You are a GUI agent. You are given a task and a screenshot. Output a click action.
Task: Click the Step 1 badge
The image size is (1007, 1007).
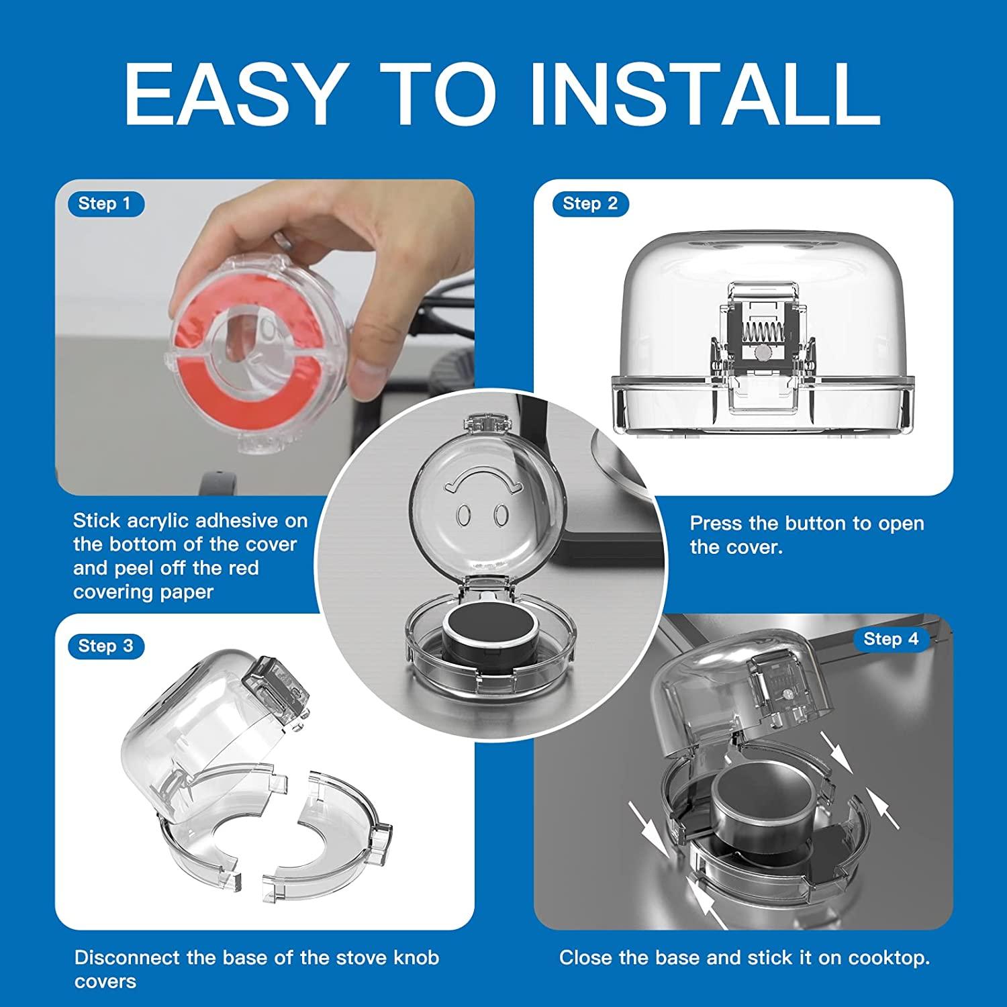click(106, 203)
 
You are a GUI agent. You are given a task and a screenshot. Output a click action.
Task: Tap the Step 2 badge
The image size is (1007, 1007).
click(591, 203)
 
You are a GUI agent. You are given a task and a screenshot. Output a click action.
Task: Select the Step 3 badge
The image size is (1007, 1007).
click(106, 646)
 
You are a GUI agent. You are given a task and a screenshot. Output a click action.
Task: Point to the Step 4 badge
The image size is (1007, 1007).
click(892, 638)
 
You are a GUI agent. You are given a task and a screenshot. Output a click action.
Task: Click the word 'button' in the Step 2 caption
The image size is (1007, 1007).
click(815, 523)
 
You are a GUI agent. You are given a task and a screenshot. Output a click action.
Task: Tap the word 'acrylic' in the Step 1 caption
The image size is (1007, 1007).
click(156, 521)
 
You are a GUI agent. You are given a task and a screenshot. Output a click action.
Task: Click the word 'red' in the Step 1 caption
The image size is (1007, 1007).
click(242, 568)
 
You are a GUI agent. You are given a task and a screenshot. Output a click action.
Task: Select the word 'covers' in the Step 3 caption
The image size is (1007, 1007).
click(105, 981)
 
